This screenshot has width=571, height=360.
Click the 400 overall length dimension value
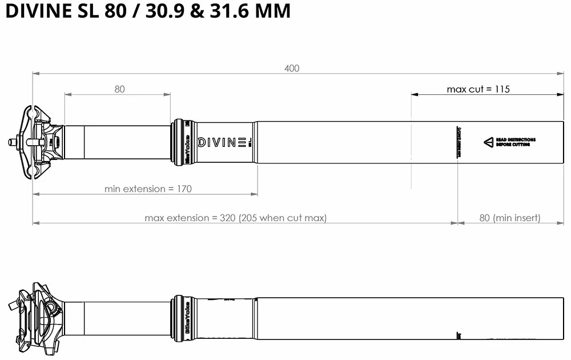click(292, 69)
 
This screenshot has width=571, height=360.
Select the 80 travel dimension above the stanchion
click(119, 89)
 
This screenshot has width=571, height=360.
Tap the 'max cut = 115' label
click(478, 89)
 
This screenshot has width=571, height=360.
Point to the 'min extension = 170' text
click(148, 189)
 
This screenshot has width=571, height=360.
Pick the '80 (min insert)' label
click(509, 218)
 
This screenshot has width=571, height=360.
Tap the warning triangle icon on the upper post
click(488, 142)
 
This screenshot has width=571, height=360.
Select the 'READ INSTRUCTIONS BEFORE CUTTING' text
click(516, 142)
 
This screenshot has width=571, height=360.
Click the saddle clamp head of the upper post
click(37, 142)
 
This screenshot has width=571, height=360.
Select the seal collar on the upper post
click(182, 142)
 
